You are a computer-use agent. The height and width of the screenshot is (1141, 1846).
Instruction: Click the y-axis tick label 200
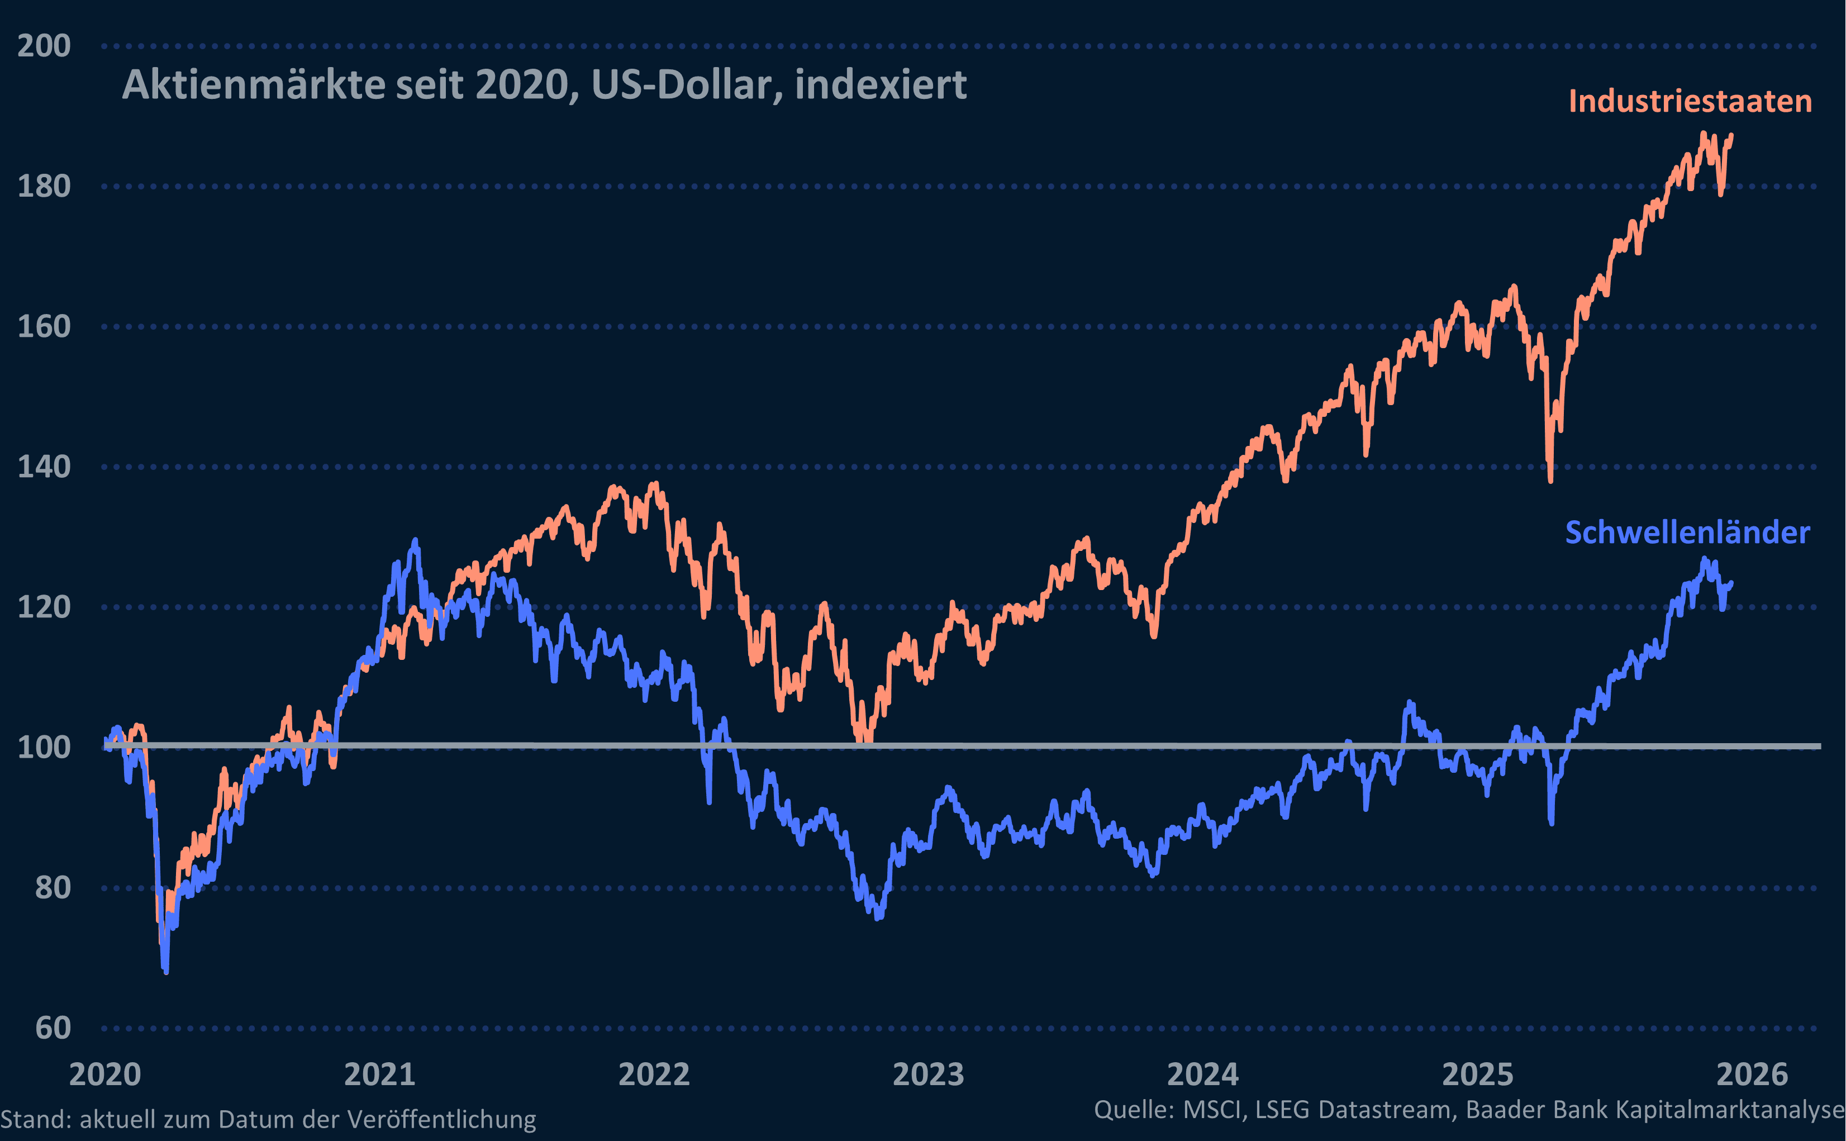click(44, 46)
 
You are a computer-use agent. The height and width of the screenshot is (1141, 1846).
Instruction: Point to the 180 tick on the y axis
click(44, 187)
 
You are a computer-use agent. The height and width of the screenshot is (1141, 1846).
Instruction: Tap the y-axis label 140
click(44, 467)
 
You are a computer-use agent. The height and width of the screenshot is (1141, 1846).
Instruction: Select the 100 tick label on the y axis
click(44, 748)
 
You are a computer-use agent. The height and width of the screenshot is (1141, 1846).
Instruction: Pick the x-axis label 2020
click(105, 1075)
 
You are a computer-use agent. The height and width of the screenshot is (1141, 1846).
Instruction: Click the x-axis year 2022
click(654, 1075)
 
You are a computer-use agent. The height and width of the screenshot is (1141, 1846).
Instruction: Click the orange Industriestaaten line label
click(1690, 101)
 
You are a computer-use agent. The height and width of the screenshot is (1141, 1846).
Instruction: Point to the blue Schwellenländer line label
click(1687, 533)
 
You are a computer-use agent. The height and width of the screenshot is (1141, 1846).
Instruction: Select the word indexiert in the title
click(881, 84)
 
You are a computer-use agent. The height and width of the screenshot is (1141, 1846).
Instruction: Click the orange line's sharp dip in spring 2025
click(1550, 481)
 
